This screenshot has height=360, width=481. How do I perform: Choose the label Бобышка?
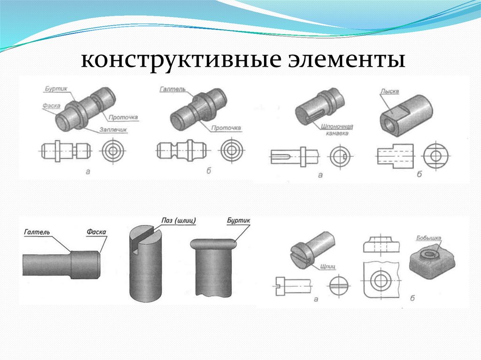pyautogui.click(x=429, y=238)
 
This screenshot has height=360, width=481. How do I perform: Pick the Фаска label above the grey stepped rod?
pyautogui.click(x=96, y=231)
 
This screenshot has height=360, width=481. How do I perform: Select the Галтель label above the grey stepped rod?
pyautogui.click(x=36, y=231)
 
